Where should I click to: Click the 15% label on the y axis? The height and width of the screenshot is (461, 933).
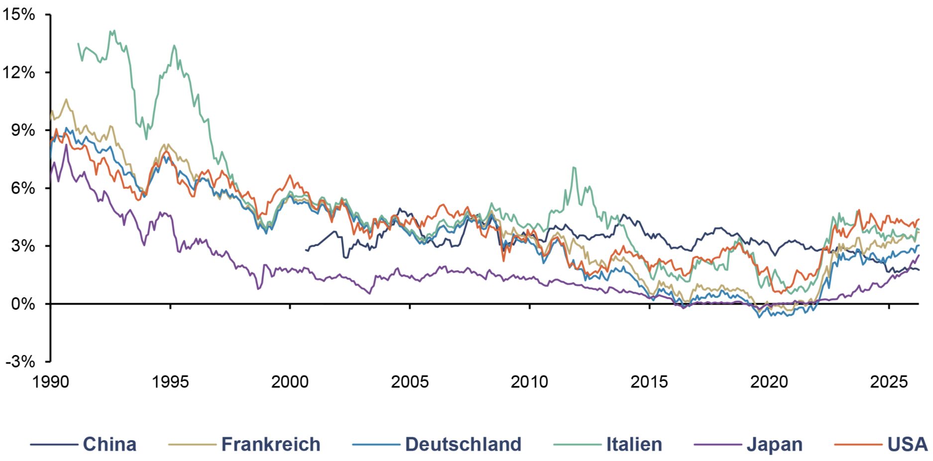[19, 14]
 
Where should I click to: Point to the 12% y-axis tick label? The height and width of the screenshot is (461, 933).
[19, 72]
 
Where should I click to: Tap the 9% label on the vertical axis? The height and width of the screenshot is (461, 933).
[23, 130]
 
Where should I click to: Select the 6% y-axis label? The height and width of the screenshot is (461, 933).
[23, 188]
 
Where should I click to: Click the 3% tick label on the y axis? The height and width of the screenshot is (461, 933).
[23, 246]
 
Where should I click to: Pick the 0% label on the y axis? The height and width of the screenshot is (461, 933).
[23, 304]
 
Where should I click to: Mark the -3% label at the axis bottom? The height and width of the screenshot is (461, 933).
[20, 361]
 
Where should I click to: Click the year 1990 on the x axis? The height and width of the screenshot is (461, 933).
[51, 382]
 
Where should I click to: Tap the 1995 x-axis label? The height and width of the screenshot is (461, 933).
[170, 382]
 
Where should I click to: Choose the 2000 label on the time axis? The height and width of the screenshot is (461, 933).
[290, 382]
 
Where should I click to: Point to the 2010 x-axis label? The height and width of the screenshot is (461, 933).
[530, 382]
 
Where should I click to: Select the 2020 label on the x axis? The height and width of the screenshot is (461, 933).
[769, 382]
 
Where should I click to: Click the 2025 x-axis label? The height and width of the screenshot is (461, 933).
[889, 382]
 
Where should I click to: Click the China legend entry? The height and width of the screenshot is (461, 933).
[110, 444]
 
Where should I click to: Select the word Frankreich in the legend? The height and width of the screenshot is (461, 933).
[271, 444]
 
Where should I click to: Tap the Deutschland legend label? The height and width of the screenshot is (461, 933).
[463, 444]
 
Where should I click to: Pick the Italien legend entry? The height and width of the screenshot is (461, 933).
[634, 444]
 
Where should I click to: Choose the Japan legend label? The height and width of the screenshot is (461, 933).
[775, 445]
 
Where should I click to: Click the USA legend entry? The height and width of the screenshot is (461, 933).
[908, 444]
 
